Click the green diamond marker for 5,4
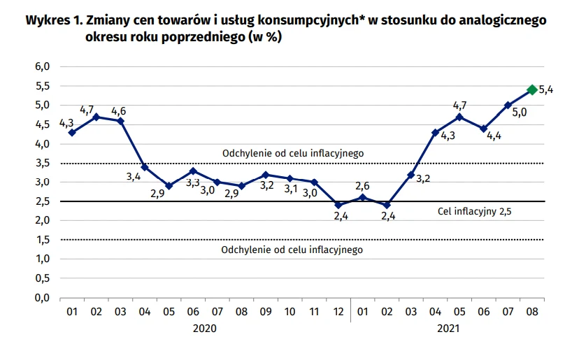pos(531,89)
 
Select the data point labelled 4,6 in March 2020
pos(120,121)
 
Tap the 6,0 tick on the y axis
pos(43,67)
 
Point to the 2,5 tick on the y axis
pos(43,201)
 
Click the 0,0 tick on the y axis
pos(43,298)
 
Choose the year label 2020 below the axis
pos(205,328)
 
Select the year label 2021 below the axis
pos(447,328)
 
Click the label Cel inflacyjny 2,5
pos(475,210)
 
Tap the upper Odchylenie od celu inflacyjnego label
pos(293,153)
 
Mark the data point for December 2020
pos(338,206)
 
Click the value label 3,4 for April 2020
pos(134,178)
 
